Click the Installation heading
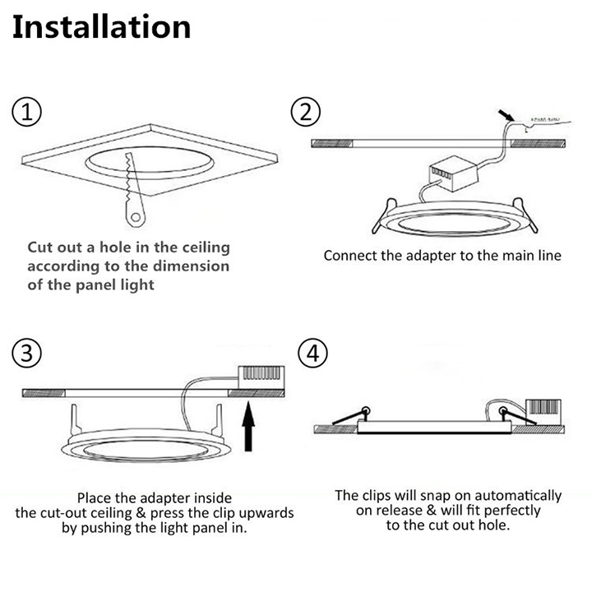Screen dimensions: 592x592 click(101, 26)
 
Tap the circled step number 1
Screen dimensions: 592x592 click(28, 112)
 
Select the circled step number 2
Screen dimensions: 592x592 click(306, 112)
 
